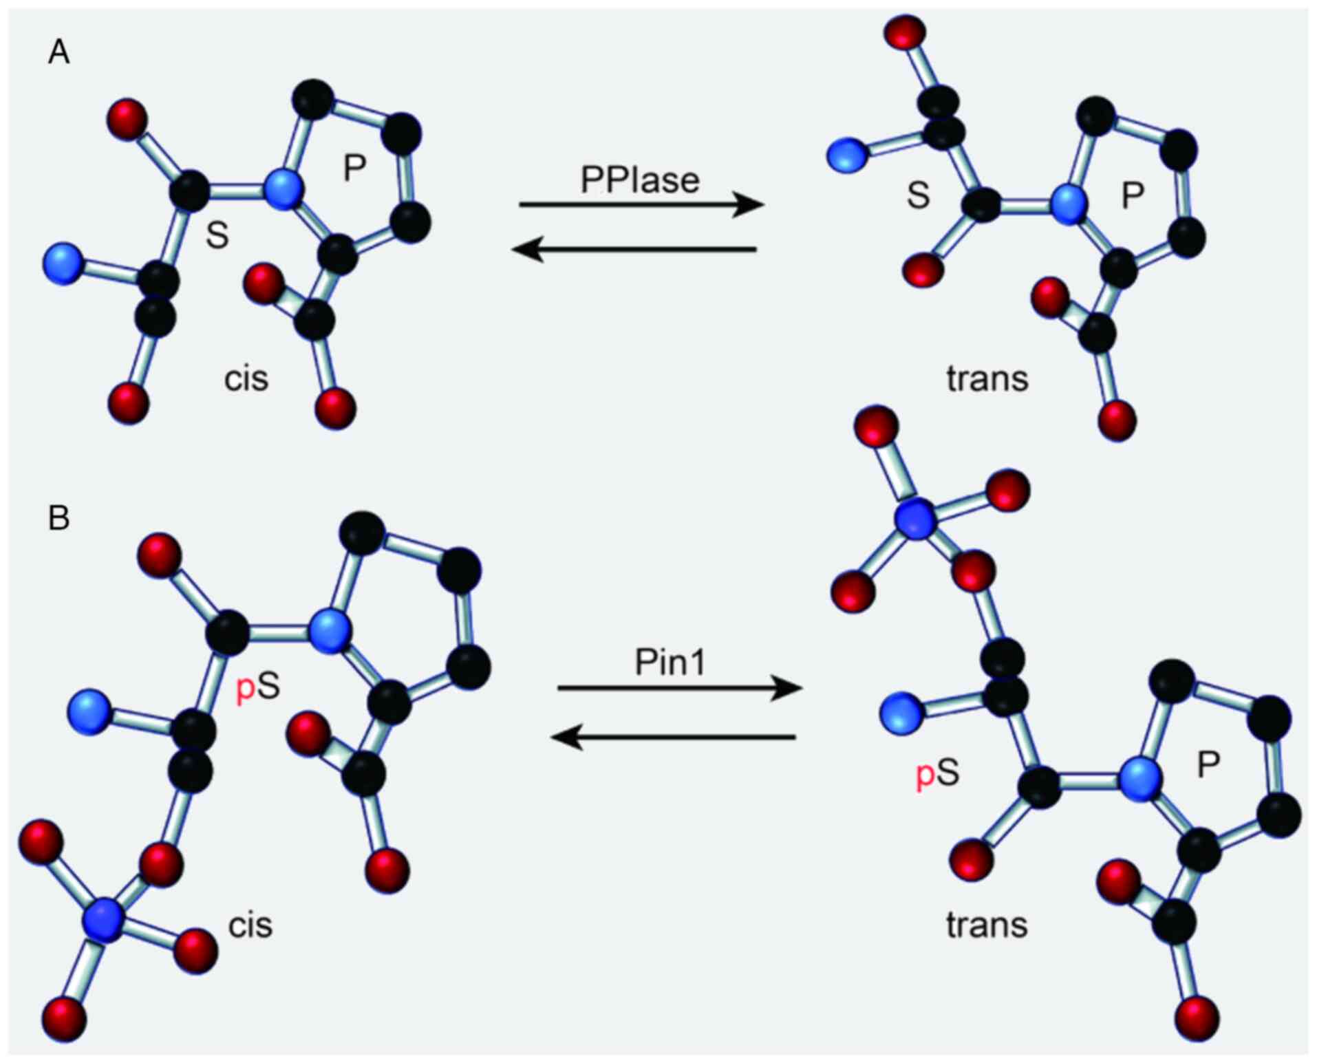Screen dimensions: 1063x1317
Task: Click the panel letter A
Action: tap(58, 52)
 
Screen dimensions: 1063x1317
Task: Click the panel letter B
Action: tap(58, 517)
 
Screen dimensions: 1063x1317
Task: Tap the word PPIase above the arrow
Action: tap(640, 180)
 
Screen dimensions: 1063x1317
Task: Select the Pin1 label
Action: tap(670, 663)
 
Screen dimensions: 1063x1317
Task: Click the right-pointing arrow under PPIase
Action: tap(641, 204)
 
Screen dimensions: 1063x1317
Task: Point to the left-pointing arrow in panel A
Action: tap(634, 249)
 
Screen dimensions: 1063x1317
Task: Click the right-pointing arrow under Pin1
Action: tap(679, 687)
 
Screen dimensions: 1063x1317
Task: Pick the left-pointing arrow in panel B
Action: tap(674, 738)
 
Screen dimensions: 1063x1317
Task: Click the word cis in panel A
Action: tap(246, 378)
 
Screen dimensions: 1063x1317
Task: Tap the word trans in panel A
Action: tap(987, 378)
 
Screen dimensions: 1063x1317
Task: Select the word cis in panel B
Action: tap(250, 925)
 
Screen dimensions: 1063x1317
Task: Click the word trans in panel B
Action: tap(987, 925)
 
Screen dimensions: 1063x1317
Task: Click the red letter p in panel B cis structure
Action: tap(246, 689)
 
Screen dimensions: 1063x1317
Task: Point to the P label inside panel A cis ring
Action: tap(354, 167)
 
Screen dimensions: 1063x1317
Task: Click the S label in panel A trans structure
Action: tap(919, 195)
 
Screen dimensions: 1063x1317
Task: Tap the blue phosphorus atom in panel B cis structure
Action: tap(104, 917)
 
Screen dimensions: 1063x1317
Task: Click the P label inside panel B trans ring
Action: tap(1209, 764)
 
